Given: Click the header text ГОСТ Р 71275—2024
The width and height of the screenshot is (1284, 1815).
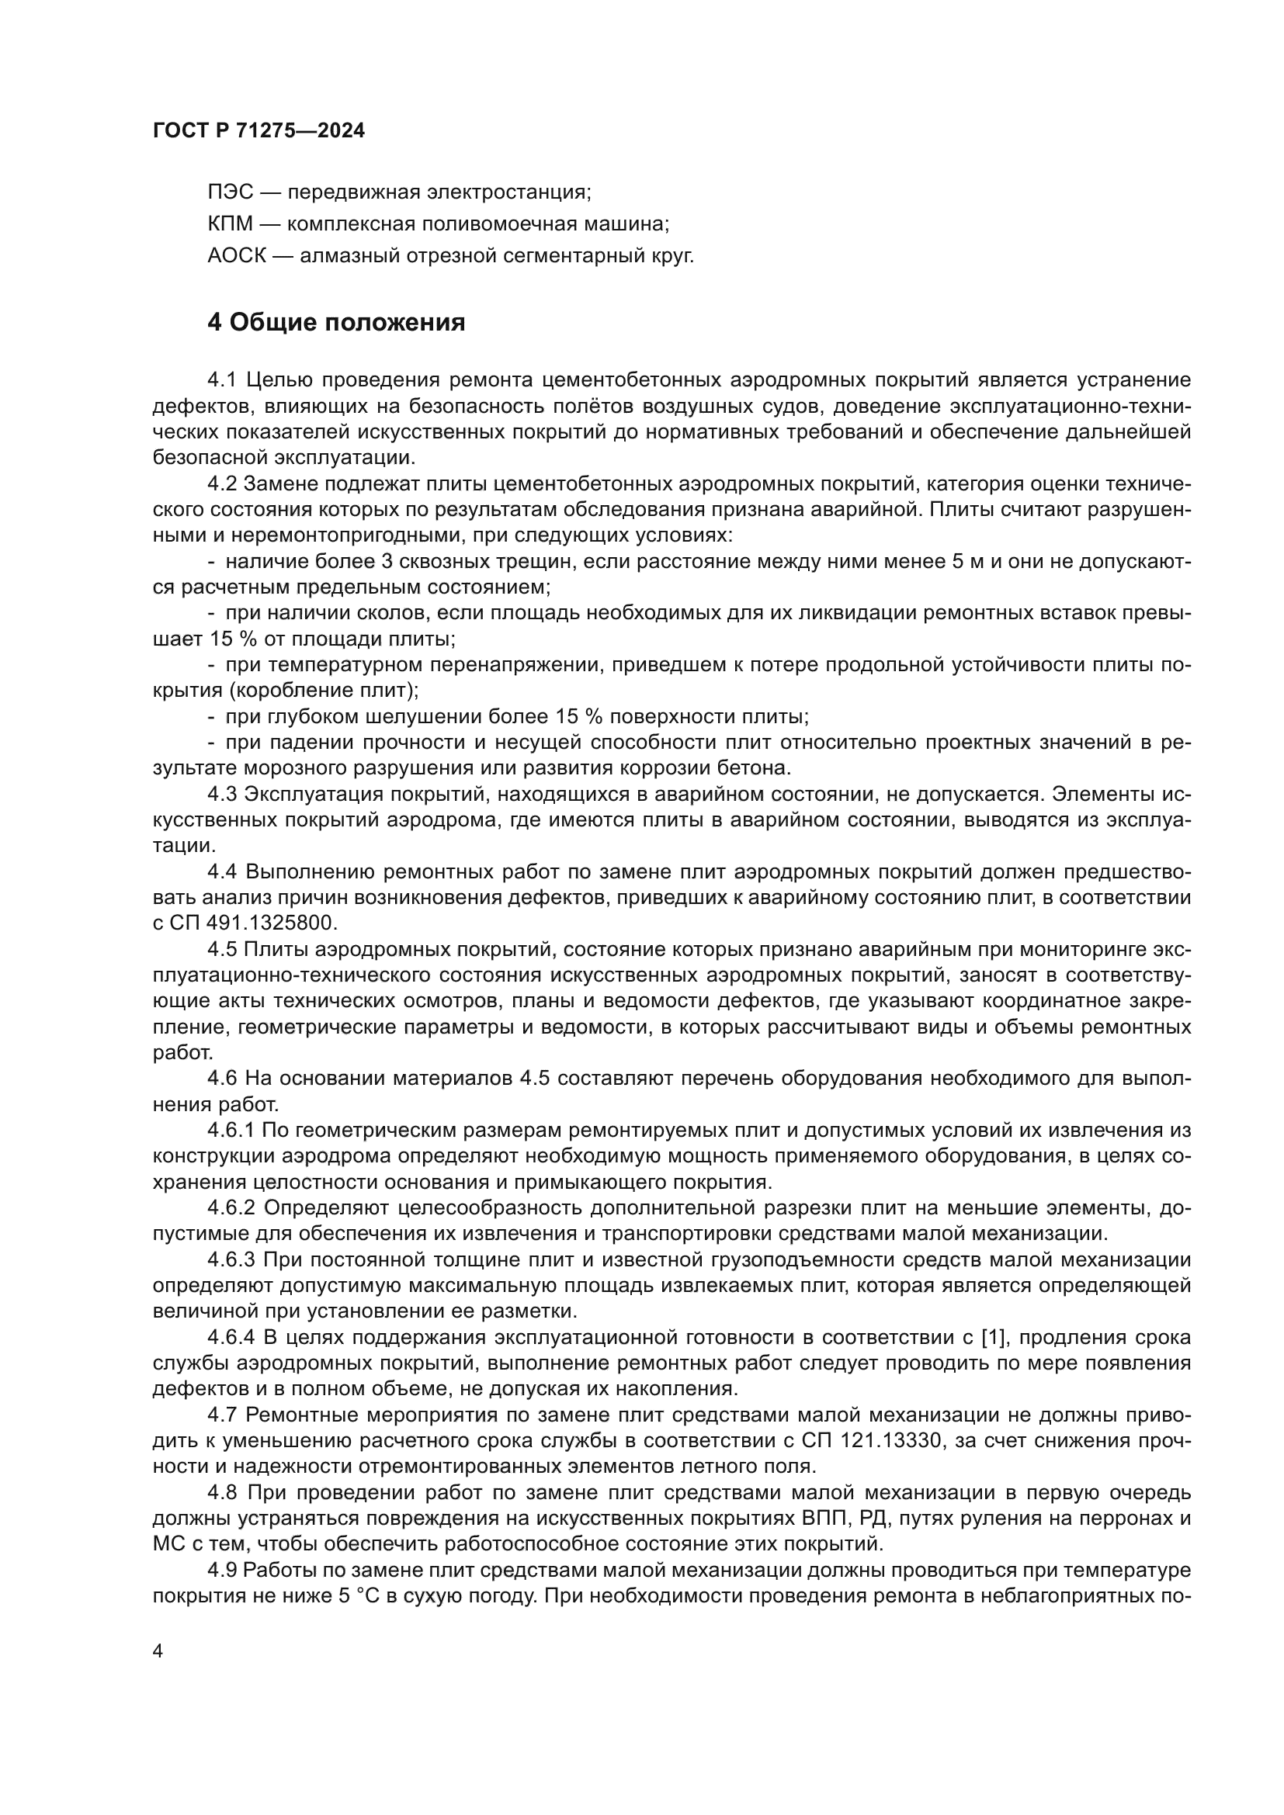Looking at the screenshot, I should [259, 131].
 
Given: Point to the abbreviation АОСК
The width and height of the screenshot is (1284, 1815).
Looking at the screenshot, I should [238, 256].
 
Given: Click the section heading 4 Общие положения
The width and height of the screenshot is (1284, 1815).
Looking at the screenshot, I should [336, 323].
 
